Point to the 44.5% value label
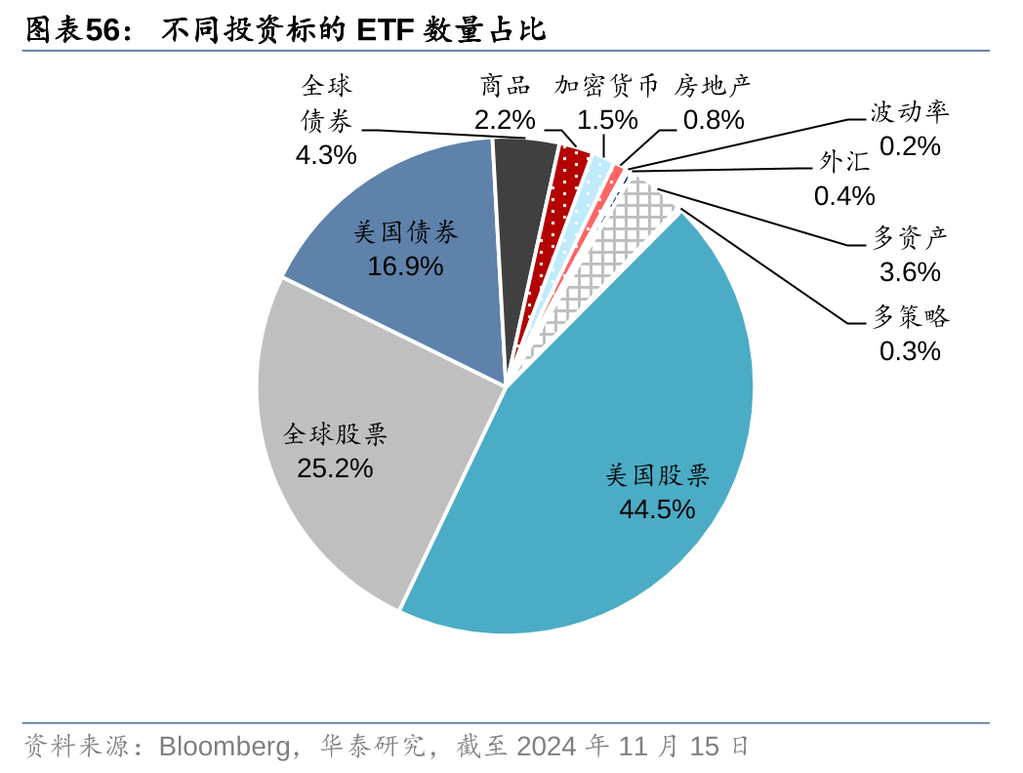pyautogui.click(x=657, y=509)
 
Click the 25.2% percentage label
pyautogui.click(x=335, y=468)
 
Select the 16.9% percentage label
pyautogui.click(x=405, y=265)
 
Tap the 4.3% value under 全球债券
pyautogui.click(x=326, y=155)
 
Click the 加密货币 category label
pyautogui.click(x=606, y=86)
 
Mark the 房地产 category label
pyautogui.click(x=713, y=86)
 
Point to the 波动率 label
pyautogui.click(x=910, y=112)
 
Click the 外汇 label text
pyautogui.click(x=844, y=162)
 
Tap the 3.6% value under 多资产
pyautogui.click(x=910, y=271)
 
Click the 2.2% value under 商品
pyautogui.click(x=505, y=120)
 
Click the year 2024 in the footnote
pyautogui.click(x=547, y=747)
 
